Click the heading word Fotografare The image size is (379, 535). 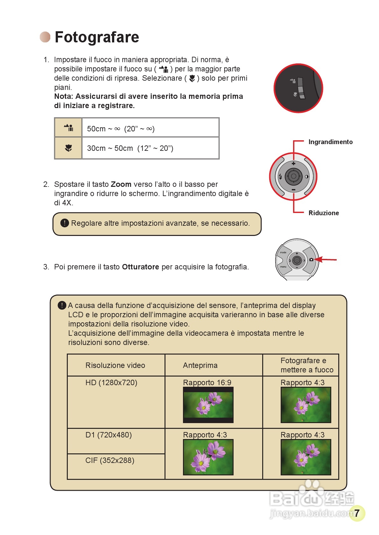tap(97, 37)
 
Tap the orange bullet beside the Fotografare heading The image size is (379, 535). tap(45, 37)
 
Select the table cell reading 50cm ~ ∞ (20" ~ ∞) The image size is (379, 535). tap(121, 129)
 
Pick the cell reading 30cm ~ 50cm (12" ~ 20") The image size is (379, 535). tap(130, 148)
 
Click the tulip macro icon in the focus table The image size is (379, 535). tap(68, 148)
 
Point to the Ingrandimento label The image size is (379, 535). tap(330, 142)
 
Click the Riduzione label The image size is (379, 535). tap(324, 213)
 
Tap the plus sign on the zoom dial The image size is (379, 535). tap(293, 164)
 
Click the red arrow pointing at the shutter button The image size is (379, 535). tap(326, 260)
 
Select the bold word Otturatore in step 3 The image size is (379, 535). tap(140, 267)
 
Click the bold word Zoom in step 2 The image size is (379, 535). tap(121, 184)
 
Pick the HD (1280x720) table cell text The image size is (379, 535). tap(111, 383)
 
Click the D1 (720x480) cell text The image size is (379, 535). tap(109, 435)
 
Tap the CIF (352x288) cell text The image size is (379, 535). tap(110, 460)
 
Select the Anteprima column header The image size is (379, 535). tap(200, 365)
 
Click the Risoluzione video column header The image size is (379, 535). tap(115, 365)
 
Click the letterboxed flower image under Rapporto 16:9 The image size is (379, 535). tap(208, 405)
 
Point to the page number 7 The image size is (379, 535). tap(357, 513)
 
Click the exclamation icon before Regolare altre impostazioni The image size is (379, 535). tap(65, 223)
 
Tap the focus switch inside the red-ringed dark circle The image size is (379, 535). tap(301, 88)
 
